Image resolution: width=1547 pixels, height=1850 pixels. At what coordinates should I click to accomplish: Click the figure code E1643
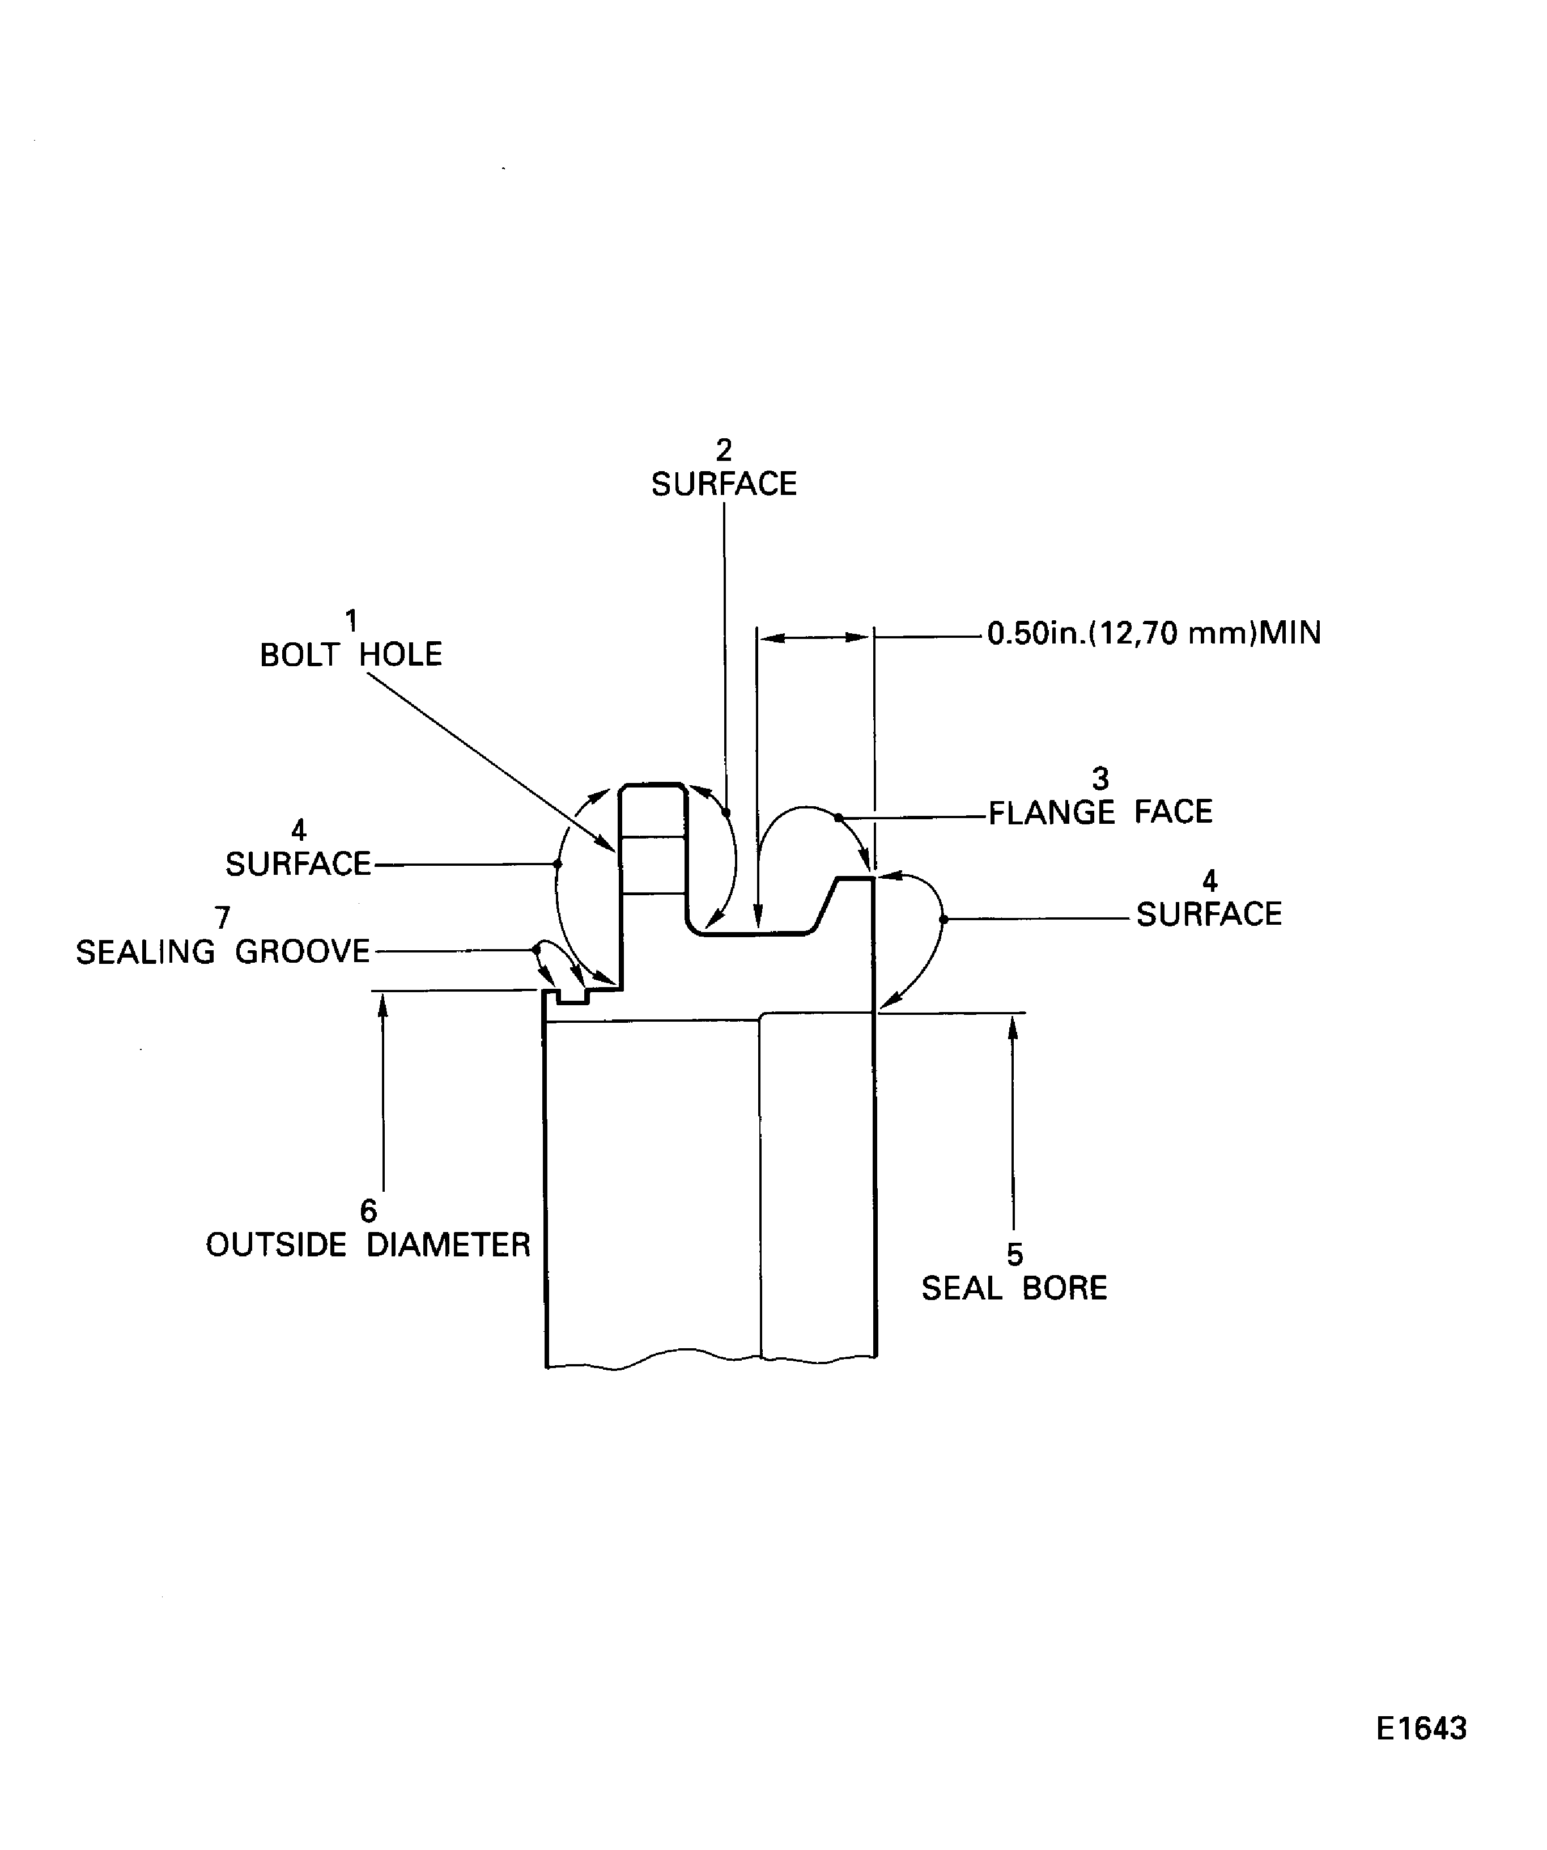pyautogui.click(x=1421, y=1729)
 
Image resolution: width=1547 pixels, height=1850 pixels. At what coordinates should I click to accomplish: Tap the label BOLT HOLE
pyautogui.click(x=350, y=654)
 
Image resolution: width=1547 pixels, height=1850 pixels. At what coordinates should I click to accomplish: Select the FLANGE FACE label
pyautogui.click(x=1100, y=811)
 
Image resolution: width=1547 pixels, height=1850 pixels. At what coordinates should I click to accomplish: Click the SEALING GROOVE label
pyautogui.click(x=223, y=951)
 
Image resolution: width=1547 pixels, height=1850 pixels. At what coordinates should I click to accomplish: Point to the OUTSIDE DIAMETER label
pyautogui.click(x=368, y=1245)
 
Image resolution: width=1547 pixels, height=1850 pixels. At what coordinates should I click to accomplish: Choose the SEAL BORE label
pyautogui.click(x=1014, y=1288)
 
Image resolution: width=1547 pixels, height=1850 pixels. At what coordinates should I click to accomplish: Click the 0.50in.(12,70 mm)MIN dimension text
pyautogui.click(x=1153, y=633)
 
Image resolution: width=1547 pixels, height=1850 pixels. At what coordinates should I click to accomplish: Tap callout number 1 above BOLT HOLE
pyautogui.click(x=351, y=621)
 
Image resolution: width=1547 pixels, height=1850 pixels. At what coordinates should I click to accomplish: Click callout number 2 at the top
pyautogui.click(x=724, y=450)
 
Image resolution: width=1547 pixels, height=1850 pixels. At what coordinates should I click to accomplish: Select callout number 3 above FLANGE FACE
pyautogui.click(x=1100, y=779)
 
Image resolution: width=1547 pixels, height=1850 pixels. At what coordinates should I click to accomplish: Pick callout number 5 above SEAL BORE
pyautogui.click(x=1015, y=1255)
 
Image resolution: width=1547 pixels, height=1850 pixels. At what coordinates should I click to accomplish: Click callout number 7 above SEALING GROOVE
pyautogui.click(x=223, y=918)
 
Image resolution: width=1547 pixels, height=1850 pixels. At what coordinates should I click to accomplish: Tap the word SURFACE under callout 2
pyautogui.click(x=724, y=484)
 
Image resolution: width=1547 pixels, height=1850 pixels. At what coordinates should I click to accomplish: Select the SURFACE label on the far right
pyautogui.click(x=1209, y=915)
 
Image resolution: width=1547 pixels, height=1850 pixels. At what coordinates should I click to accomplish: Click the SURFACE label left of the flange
pyautogui.click(x=299, y=864)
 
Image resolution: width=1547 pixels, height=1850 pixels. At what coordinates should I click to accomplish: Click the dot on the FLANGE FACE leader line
pyautogui.click(x=838, y=818)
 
